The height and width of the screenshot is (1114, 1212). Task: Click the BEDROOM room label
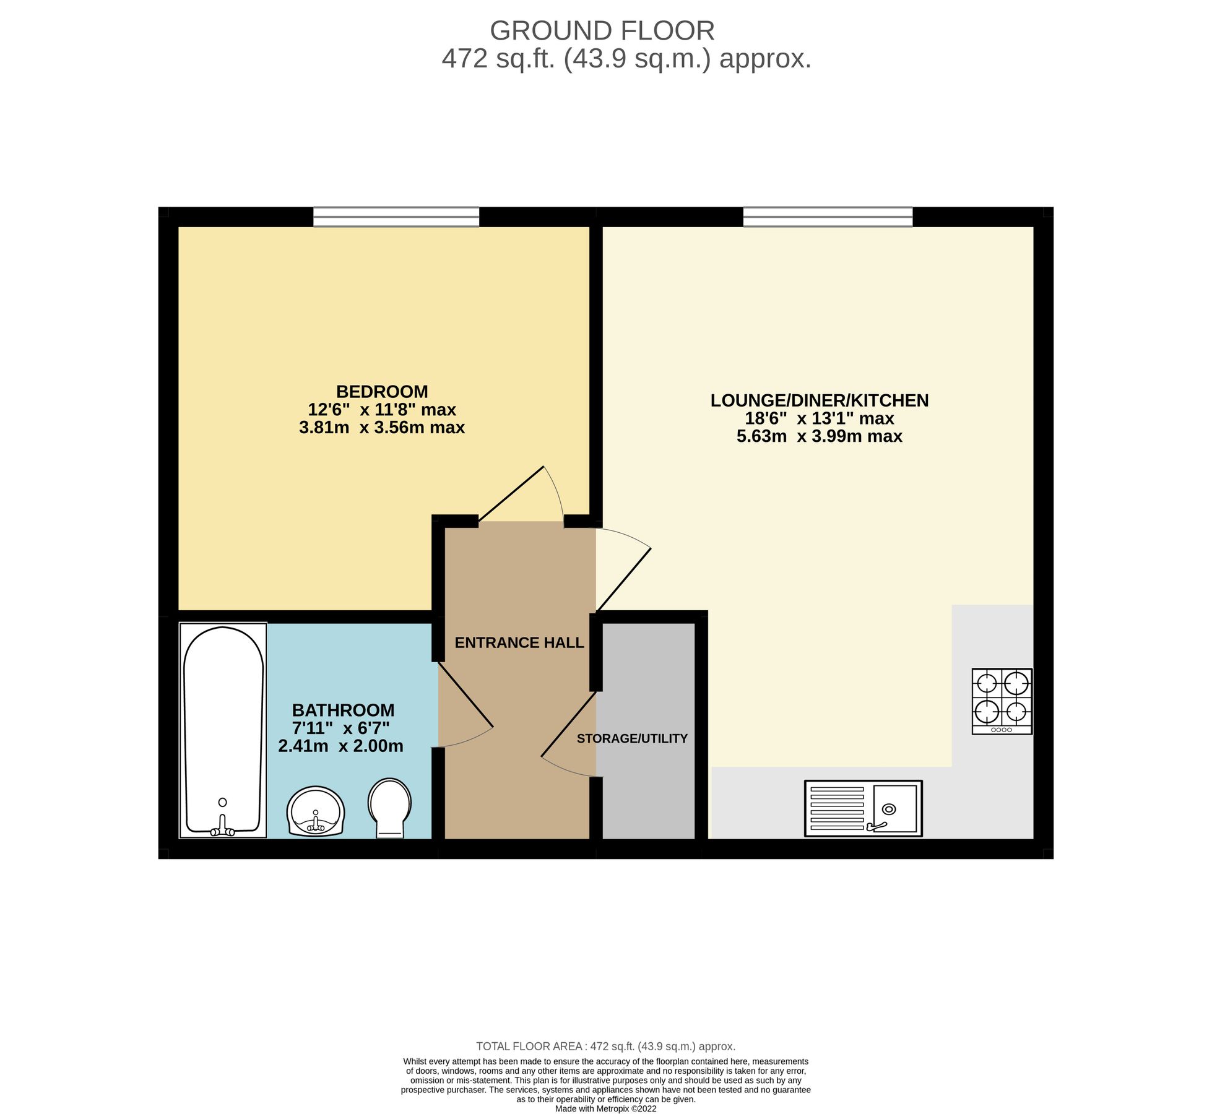382,392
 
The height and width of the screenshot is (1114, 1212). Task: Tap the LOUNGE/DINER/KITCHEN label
820,400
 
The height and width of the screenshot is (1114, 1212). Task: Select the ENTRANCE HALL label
519,643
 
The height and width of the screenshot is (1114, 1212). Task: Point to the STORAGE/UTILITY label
632,738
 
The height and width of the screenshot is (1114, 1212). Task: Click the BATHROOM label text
343,710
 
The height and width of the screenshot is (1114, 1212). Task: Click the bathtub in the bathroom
223,731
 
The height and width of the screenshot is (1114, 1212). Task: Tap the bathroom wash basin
316,811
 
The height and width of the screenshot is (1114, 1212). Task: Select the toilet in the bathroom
389,808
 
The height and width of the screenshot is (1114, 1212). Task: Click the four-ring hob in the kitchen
1002,701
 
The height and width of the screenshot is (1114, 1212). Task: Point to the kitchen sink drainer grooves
837,808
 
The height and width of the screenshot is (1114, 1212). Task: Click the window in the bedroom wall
396,217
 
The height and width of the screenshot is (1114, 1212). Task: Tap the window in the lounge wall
828,217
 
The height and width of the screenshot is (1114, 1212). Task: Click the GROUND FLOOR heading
602,30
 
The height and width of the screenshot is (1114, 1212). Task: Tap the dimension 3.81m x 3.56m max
382,428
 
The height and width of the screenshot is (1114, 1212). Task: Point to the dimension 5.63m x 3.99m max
820,436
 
